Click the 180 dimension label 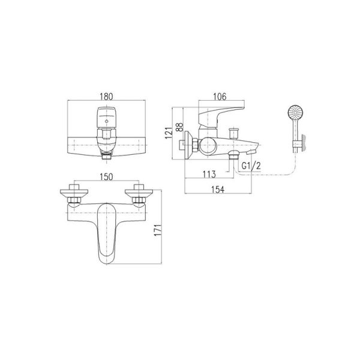coord(107,95)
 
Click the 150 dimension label coord(107,177)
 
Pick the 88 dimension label coord(178,127)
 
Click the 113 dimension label coord(209,175)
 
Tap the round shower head coord(295,112)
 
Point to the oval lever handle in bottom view coord(107,237)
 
